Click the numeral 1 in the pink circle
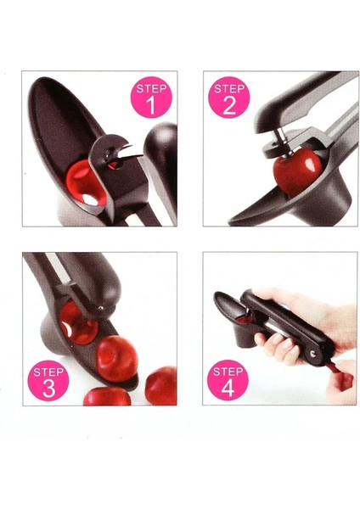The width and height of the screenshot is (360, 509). point(151,105)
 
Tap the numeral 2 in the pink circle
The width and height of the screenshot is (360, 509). point(229,105)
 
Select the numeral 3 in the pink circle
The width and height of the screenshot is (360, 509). point(48,389)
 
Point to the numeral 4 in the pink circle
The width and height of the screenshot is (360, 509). point(228,388)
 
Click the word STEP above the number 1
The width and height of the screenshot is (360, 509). point(151,88)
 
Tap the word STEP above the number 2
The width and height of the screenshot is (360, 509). point(229,88)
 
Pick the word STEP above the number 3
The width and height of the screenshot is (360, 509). point(48,372)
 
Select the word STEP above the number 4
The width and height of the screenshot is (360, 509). point(228,371)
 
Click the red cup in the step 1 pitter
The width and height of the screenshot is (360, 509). point(85,183)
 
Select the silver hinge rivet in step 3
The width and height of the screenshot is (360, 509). point(101,307)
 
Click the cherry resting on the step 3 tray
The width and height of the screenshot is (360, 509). point(116,358)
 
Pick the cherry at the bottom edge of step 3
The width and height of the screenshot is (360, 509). point(107,397)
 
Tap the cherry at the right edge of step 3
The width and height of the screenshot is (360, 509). point(161,385)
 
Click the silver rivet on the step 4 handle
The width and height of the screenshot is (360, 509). point(313,353)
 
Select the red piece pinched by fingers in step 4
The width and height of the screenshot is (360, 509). point(340,376)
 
